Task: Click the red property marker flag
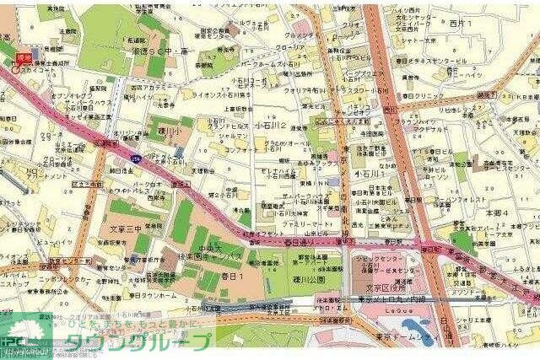pos(24,60)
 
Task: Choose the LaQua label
pos(386,309)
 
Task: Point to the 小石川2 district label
pos(273,126)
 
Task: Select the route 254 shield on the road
pos(137,159)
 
